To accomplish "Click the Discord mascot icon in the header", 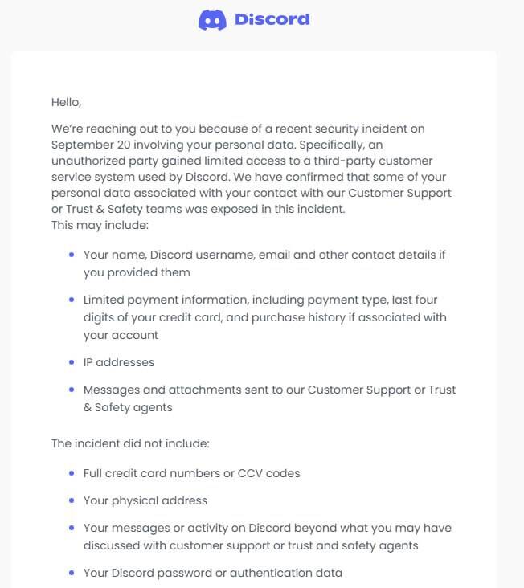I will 212,20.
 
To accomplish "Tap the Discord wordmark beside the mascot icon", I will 272,20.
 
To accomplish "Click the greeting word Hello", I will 66,102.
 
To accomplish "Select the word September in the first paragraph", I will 79,145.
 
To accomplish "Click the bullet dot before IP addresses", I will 72,362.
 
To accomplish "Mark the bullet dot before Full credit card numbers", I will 72,473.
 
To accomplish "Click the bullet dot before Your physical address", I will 72,500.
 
